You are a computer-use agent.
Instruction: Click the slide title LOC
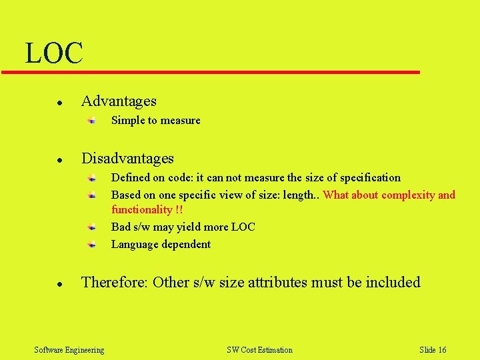pos(54,53)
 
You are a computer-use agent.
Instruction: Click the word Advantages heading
pos(119,101)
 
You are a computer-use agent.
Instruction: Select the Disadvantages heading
pos(127,159)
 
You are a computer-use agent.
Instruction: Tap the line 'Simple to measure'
pos(155,121)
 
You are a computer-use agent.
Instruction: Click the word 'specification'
pos(370,178)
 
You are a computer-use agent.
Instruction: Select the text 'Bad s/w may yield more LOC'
pos(183,227)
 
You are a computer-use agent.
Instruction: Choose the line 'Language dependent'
pos(161,245)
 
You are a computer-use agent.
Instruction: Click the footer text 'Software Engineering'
pos(69,350)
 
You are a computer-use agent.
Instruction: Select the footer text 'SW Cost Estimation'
pos(259,350)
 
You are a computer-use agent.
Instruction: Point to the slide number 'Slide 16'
pos(433,350)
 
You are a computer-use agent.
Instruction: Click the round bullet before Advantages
pos(59,103)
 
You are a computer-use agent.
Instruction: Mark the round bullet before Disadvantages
pos(59,161)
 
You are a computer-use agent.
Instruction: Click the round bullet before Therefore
pos(59,285)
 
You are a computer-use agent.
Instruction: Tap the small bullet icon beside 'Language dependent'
pos(94,245)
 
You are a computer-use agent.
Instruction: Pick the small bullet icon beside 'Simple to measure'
pos(94,121)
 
